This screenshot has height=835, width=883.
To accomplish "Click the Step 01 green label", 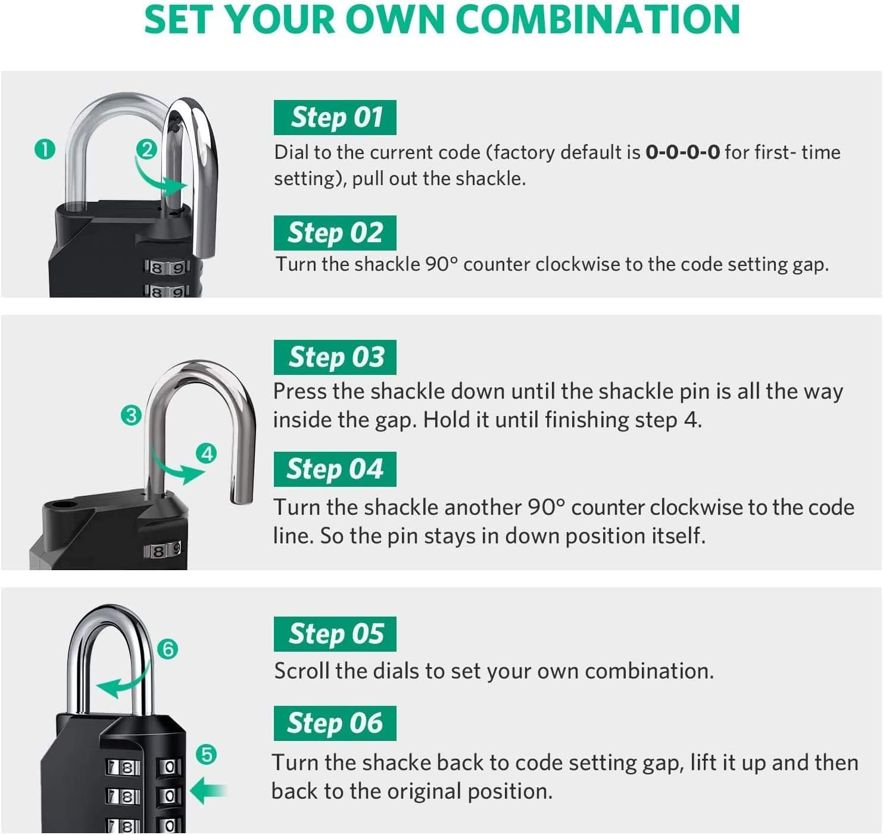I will pyautogui.click(x=335, y=118).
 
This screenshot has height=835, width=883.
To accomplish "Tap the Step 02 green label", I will pyautogui.click(x=335, y=233).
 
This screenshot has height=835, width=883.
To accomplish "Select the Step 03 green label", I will pyautogui.click(x=335, y=357).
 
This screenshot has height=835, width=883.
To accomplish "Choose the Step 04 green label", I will pyautogui.click(x=335, y=469).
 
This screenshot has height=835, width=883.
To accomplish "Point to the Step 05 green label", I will pyautogui.click(x=335, y=634).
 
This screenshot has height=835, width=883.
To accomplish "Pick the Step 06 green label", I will pyautogui.click(x=335, y=723).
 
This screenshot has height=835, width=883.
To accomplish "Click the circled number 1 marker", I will pyautogui.click(x=45, y=149).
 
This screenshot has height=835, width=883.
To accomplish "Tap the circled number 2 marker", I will pyautogui.click(x=146, y=149).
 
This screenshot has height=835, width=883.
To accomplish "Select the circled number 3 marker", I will pyautogui.click(x=130, y=415).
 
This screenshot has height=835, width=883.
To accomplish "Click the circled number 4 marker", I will pyautogui.click(x=206, y=454).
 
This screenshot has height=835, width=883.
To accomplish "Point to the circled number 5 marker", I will pyautogui.click(x=206, y=755).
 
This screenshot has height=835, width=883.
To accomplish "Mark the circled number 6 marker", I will pyautogui.click(x=168, y=649).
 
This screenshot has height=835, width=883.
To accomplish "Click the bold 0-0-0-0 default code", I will pyautogui.click(x=682, y=153).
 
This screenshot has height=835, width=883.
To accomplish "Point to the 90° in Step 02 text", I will pyautogui.click(x=441, y=264).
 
